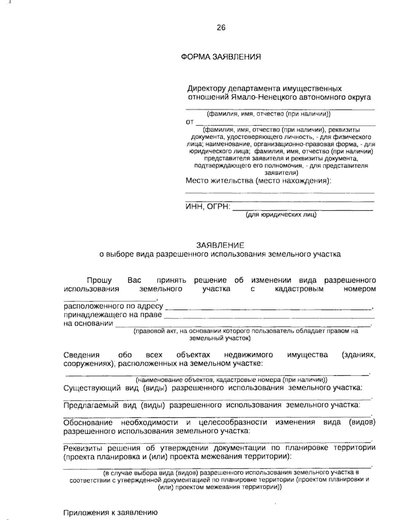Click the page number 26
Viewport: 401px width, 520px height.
point(221,28)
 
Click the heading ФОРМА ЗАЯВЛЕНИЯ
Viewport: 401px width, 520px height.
point(221,57)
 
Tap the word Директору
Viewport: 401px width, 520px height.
point(207,89)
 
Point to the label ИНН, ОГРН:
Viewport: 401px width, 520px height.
point(208,207)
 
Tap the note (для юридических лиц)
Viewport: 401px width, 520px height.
point(281,215)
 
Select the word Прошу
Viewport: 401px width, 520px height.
point(99,280)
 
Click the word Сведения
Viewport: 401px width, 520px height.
point(82,355)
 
